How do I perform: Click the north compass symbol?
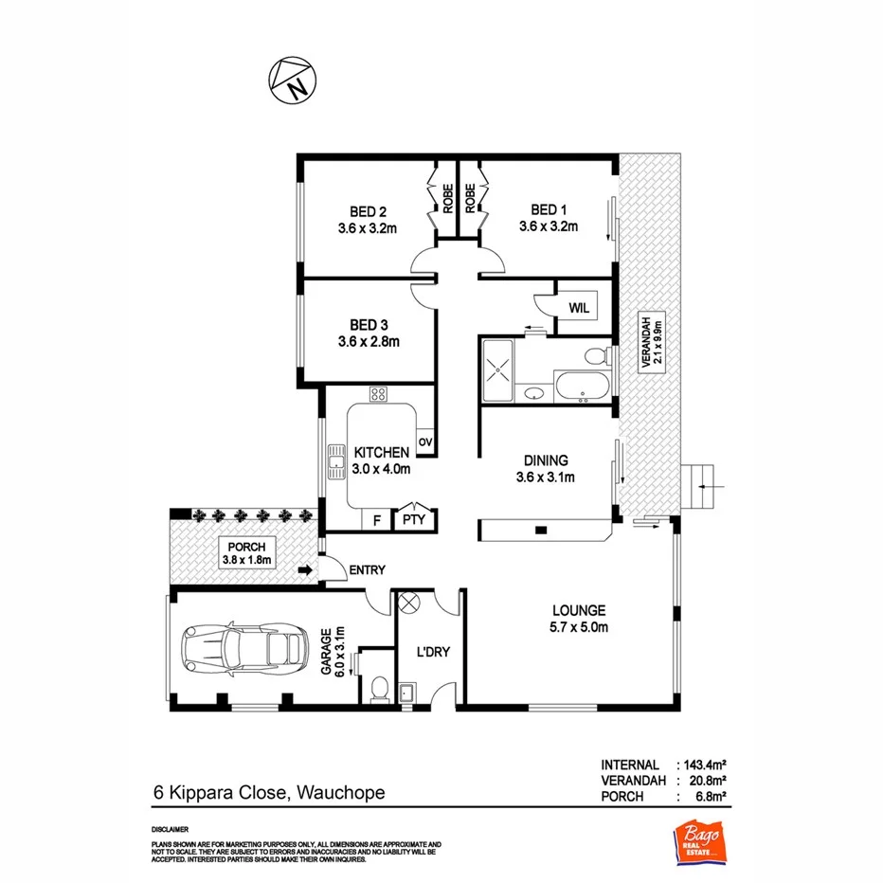pos(290,80)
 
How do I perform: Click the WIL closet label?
pos(578,308)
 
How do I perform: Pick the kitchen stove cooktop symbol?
pos(378,395)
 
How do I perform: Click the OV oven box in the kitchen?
pos(424,442)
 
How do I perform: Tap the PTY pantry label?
pos(413,519)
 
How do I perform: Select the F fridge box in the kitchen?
pos(377,519)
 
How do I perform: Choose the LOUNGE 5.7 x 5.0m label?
pos(580,618)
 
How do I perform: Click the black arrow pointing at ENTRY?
pos(305,570)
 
